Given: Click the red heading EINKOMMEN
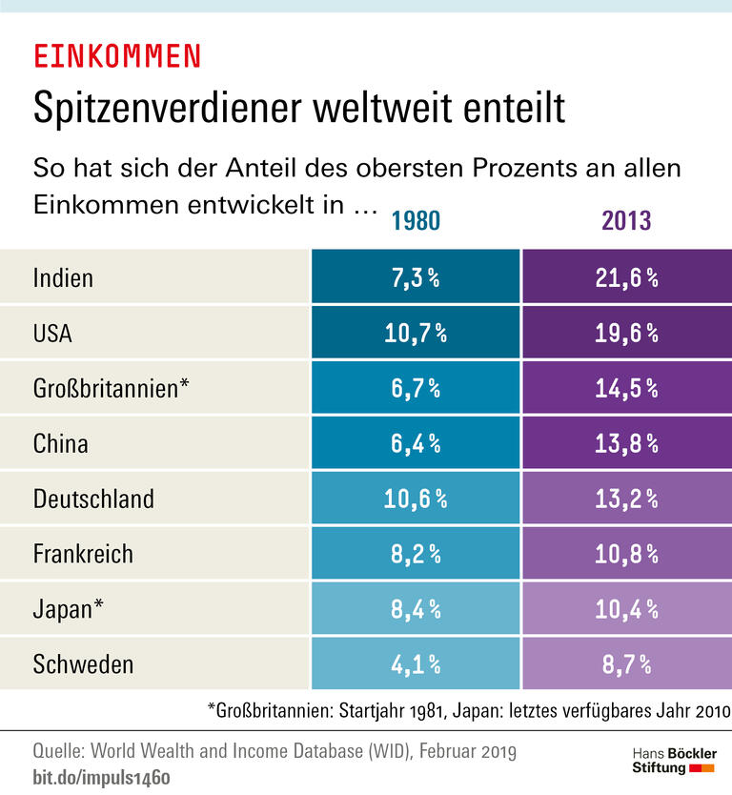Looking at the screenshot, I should [117, 56].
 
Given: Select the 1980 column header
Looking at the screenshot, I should [416, 221].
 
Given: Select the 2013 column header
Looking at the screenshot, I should [626, 221].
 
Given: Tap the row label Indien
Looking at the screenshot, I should [63, 277].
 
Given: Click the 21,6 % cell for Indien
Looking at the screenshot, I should [626, 277].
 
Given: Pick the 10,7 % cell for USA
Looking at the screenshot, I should [416, 333].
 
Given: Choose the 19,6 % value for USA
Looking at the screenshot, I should [626, 333].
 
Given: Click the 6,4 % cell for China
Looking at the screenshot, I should [416, 443].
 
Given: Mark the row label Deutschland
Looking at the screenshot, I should [93, 499].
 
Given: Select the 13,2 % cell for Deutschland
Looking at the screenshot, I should [626, 499].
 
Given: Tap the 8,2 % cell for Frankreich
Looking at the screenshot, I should [416, 554].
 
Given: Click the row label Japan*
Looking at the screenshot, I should [69, 609].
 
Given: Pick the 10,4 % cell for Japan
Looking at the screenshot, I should [626, 609].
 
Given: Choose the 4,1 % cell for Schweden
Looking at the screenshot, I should [416, 663].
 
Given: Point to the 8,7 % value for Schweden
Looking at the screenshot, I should [626, 663].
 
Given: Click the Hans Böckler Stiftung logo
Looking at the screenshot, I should [674, 760].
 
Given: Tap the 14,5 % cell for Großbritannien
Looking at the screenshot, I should [626, 388].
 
